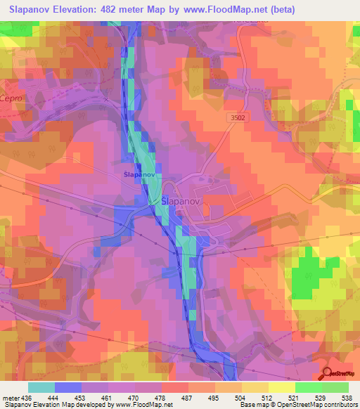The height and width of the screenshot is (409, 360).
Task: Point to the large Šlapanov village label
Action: (x=181, y=200)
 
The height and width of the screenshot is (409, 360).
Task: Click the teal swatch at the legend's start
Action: (x=41, y=387)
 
